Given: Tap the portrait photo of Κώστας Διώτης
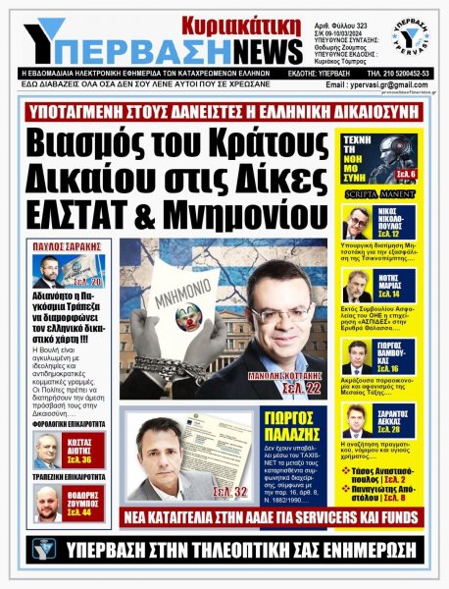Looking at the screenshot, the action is coord(45,451).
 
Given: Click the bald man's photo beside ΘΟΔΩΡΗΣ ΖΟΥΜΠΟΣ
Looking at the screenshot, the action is coord(45,504).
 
